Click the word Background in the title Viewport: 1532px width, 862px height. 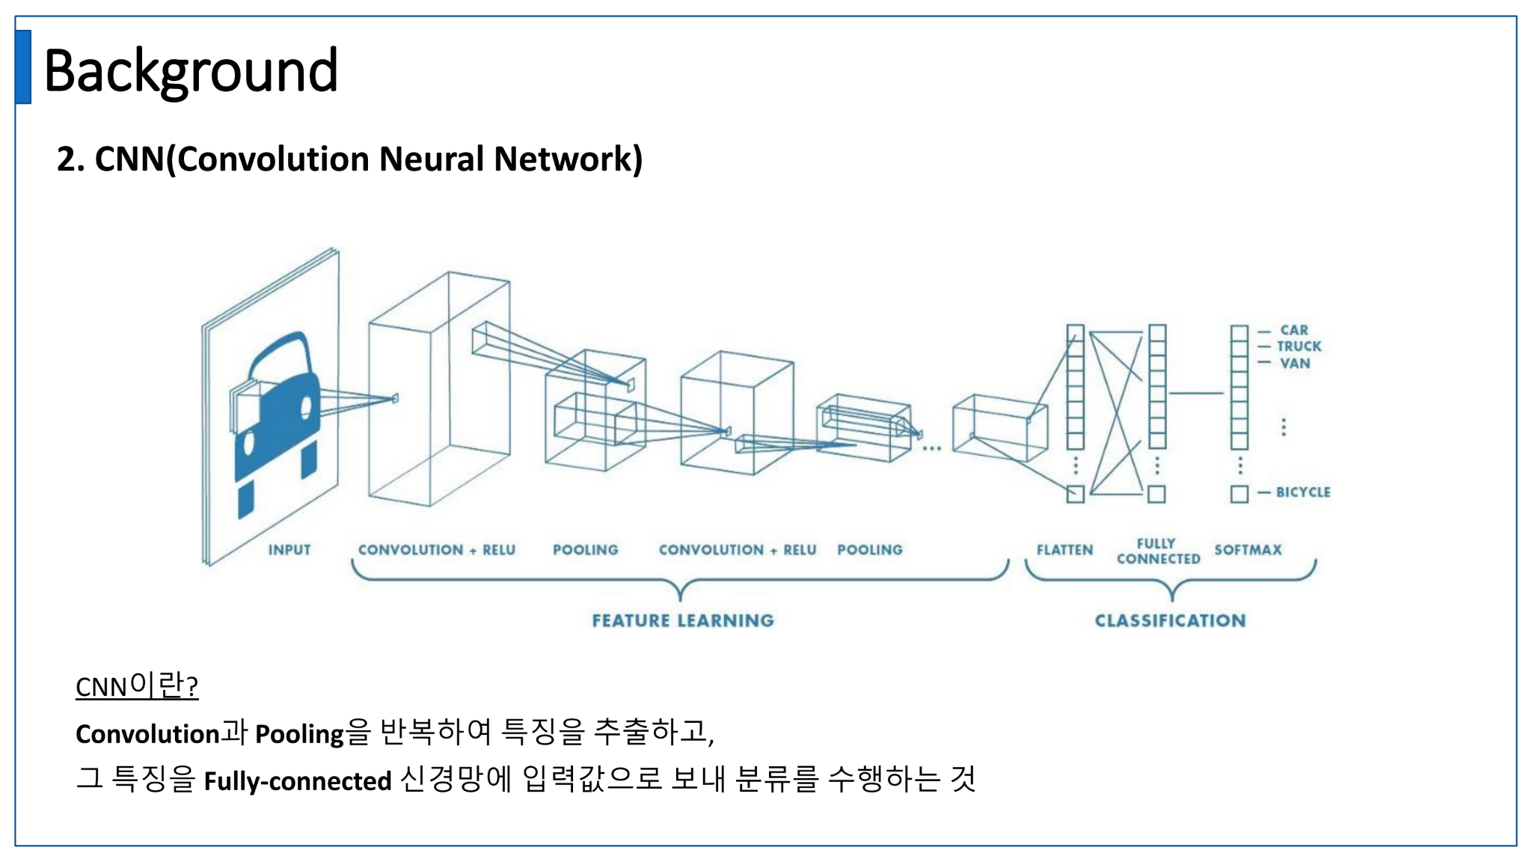click(x=191, y=70)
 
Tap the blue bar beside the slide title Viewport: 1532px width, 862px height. click(x=23, y=67)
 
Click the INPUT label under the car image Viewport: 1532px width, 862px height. click(x=289, y=550)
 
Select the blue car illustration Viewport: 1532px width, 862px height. click(x=277, y=419)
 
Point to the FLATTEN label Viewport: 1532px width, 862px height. click(x=1064, y=550)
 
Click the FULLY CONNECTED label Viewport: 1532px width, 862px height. click(x=1158, y=551)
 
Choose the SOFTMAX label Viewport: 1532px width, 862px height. click(x=1248, y=550)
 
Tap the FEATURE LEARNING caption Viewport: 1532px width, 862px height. click(x=683, y=620)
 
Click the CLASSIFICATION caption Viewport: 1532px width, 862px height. click(x=1170, y=620)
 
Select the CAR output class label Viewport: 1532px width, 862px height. click(x=1294, y=330)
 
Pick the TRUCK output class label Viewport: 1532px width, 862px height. click(x=1299, y=346)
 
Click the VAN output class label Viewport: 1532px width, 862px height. click(x=1295, y=364)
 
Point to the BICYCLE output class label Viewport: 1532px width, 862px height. click(x=1303, y=492)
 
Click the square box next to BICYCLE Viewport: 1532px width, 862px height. click(x=1239, y=494)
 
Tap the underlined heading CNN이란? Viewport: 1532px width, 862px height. click(x=137, y=685)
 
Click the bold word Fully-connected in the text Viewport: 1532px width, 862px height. click(x=298, y=781)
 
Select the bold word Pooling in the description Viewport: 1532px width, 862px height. click(x=299, y=734)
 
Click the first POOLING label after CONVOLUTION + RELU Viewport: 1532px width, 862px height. click(x=585, y=550)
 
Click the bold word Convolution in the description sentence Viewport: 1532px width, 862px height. click(x=147, y=734)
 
